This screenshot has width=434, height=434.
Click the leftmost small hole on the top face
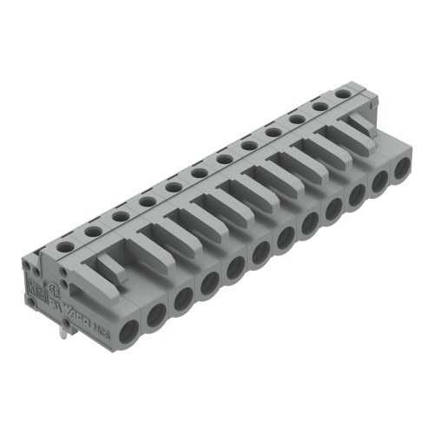click(x=65, y=245)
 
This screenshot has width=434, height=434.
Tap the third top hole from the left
click(x=119, y=214)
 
